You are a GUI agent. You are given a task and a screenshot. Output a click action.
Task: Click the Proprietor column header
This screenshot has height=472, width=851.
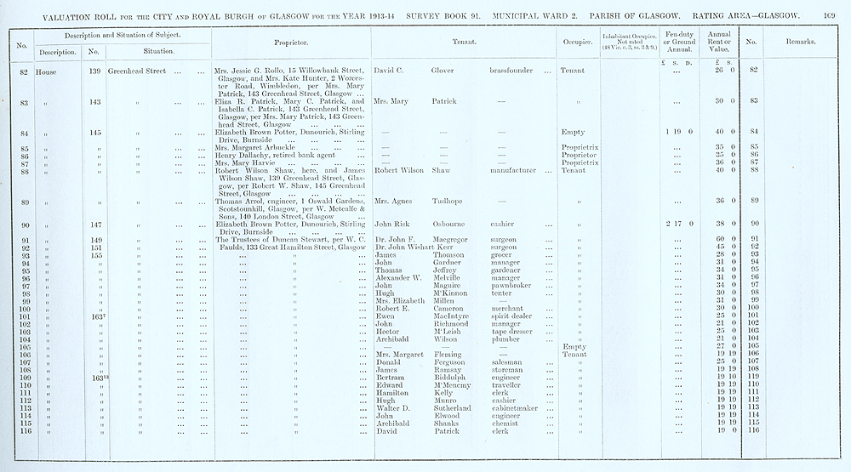point(291,42)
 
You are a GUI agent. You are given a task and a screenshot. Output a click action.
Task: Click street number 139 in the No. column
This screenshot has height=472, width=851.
point(95,71)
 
